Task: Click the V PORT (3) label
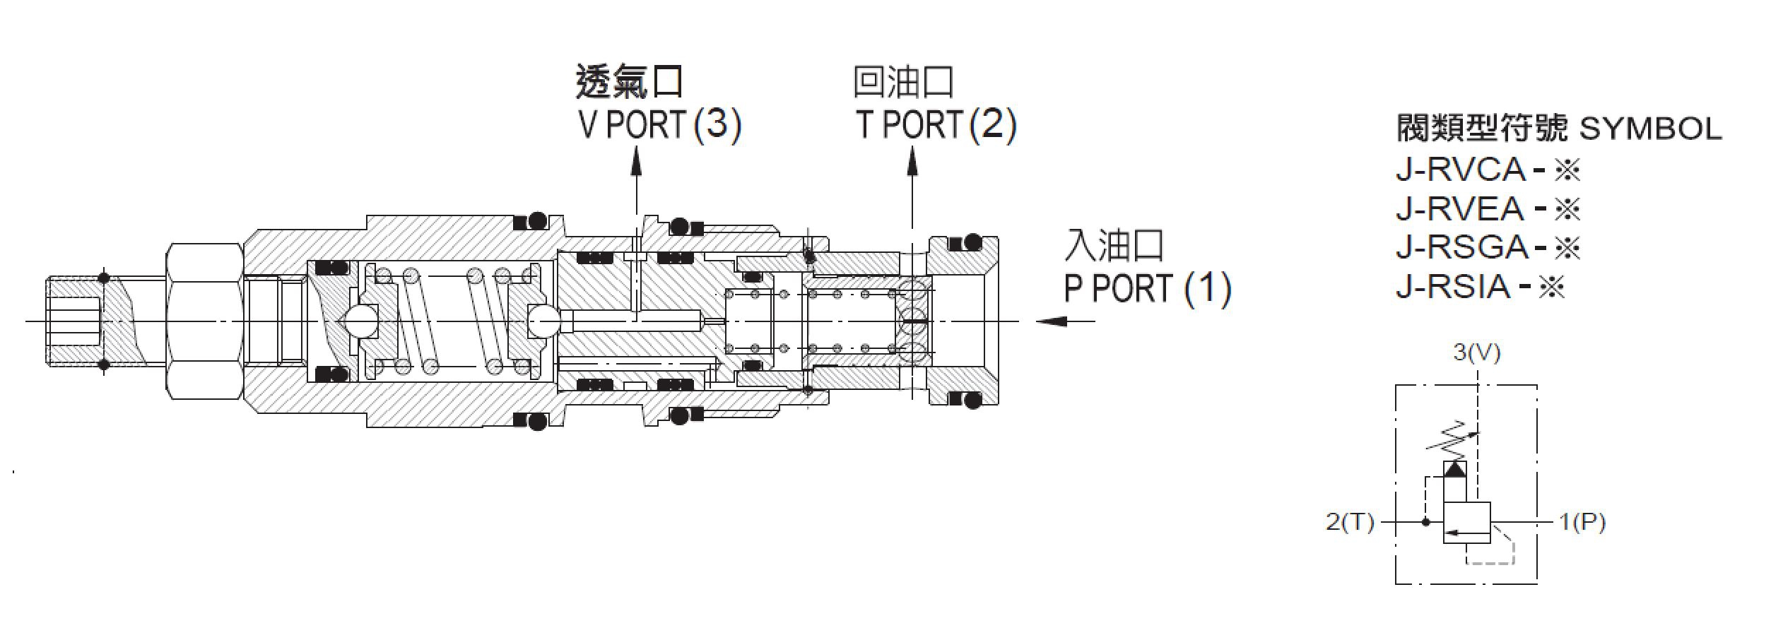pyautogui.click(x=659, y=125)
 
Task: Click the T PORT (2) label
pyautogui.click(x=936, y=125)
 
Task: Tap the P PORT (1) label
pyautogui.click(x=1148, y=288)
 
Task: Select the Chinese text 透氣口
pyautogui.click(x=630, y=83)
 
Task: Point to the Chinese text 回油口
pyautogui.click(x=904, y=83)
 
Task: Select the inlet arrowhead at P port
pyautogui.click(x=1052, y=321)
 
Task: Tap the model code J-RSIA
pyautogui.click(x=1453, y=287)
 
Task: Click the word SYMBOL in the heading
pyautogui.click(x=1649, y=129)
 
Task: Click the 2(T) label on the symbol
pyautogui.click(x=1350, y=522)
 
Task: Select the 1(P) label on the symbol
pyautogui.click(x=1582, y=522)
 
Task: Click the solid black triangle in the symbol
pyautogui.click(x=1454, y=470)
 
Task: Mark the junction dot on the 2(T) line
pyautogui.click(x=1425, y=522)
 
